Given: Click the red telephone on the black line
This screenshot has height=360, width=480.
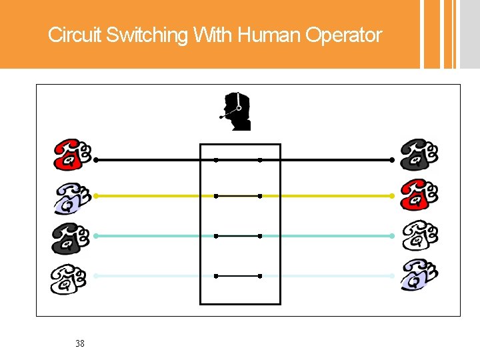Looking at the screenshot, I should tap(72, 155).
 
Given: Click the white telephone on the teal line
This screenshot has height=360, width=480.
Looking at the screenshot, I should tap(419, 235).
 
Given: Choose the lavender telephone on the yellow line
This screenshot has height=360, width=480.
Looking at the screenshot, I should tap(72, 198).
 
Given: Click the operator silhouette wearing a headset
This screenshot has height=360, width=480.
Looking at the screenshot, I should tap(237, 111).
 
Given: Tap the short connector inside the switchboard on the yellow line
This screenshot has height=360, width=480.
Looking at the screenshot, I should tap(237, 196).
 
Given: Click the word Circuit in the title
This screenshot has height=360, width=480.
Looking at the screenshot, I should tap(73, 35).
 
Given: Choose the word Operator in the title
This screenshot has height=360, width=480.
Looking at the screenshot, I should tap(344, 35).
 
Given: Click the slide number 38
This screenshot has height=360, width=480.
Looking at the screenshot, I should tap(80, 344).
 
